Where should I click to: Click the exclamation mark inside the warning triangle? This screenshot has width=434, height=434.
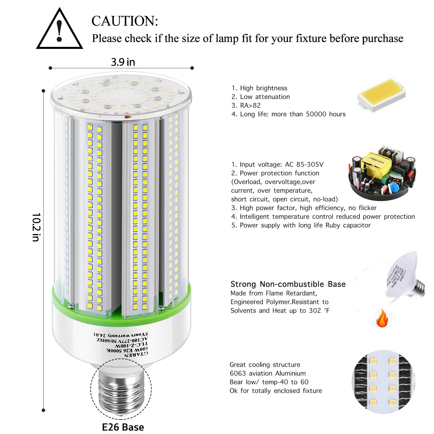click(60, 31)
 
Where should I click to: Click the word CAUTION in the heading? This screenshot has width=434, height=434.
click(125, 21)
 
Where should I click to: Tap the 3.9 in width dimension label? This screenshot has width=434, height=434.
click(123, 62)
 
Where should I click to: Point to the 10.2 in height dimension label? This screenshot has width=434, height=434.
click(36, 227)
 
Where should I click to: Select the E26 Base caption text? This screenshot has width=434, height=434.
click(123, 427)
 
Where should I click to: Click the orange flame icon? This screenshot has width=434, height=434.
click(382, 318)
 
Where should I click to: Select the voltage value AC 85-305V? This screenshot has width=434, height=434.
click(304, 164)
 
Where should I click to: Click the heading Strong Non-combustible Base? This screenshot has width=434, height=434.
click(288, 284)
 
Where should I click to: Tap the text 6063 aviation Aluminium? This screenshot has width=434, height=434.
click(268, 373)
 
